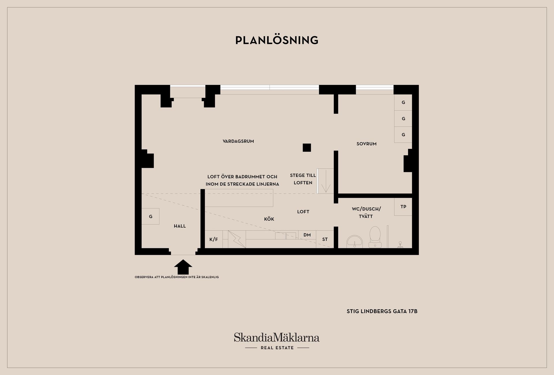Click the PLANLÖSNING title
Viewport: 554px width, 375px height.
[277, 40]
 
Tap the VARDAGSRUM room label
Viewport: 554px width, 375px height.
[238, 141]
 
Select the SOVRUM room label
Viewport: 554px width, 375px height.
[366, 144]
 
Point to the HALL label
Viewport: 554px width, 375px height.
[180, 226]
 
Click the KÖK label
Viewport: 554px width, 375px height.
[269, 219]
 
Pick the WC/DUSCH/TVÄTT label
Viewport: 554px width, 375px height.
[366, 213]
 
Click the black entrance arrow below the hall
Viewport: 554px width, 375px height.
[183, 267]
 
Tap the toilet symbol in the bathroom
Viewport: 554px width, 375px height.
[375, 237]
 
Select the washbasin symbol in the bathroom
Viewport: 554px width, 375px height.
[355, 241]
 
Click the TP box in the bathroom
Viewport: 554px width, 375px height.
[403, 207]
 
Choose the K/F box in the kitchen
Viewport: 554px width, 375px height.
[214, 239]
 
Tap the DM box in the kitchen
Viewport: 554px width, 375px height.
[307, 235]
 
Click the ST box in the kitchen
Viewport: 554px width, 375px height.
[325, 239]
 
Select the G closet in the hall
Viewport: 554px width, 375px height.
[150, 216]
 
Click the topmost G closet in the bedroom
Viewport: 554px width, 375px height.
[403, 102]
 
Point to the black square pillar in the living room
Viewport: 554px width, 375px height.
[307, 147]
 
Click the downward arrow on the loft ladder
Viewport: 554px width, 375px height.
[326, 181]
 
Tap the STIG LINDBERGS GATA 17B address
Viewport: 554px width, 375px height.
[382, 311]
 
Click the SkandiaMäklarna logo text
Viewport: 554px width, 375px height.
[277, 337]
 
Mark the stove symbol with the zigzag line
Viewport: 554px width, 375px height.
[237, 239]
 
